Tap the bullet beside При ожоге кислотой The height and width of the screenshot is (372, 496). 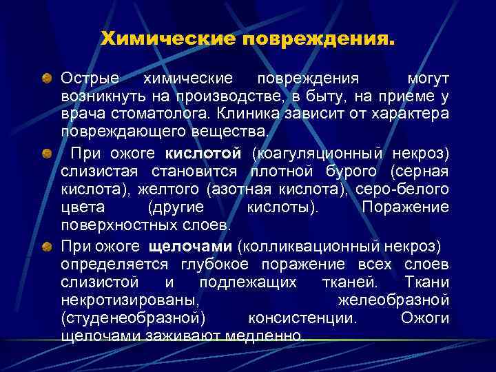tap(45, 152)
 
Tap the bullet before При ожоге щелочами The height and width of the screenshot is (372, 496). tap(45, 245)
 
